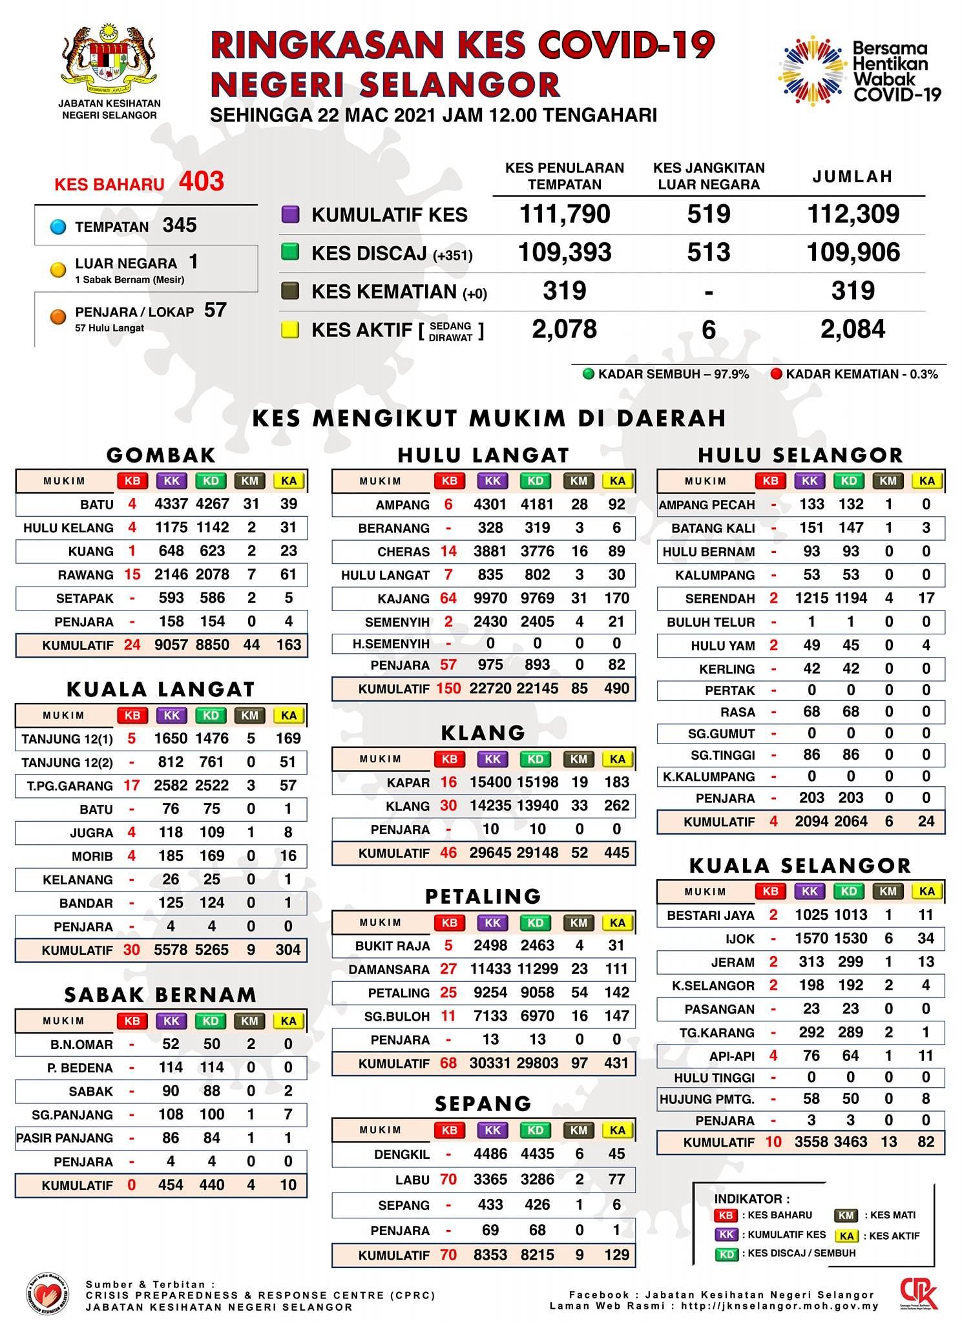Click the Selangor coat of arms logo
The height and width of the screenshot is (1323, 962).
(x=109, y=62)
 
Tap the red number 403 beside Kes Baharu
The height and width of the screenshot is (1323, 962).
(x=202, y=182)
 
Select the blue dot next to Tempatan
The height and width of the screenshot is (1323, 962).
(x=58, y=227)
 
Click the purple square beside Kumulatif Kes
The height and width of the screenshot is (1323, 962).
(x=290, y=214)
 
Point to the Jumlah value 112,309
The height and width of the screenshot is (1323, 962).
(x=853, y=214)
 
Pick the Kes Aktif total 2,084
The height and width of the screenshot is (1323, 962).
(x=853, y=329)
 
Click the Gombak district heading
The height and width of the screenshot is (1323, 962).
(x=161, y=455)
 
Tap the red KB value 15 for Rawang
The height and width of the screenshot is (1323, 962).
(x=132, y=574)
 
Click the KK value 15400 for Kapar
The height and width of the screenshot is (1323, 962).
(x=490, y=782)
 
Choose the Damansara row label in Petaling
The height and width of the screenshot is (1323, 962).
(x=389, y=969)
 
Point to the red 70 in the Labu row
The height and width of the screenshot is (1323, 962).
(x=448, y=1180)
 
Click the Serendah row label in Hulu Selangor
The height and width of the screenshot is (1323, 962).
(x=720, y=599)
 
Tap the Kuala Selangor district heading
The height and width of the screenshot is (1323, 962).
(x=800, y=866)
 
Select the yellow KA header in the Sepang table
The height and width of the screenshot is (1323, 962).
(x=617, y=1130)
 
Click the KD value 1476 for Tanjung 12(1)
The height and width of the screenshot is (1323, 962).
(x=212, y=738)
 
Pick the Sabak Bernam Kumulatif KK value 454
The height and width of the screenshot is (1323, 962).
(x=171, y=1185)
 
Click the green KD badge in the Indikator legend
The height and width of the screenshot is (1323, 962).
(x=726, y=1254)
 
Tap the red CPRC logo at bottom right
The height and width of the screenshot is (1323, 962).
(x=919, y=1294)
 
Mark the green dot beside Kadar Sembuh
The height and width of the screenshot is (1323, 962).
(x=589, y=374)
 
